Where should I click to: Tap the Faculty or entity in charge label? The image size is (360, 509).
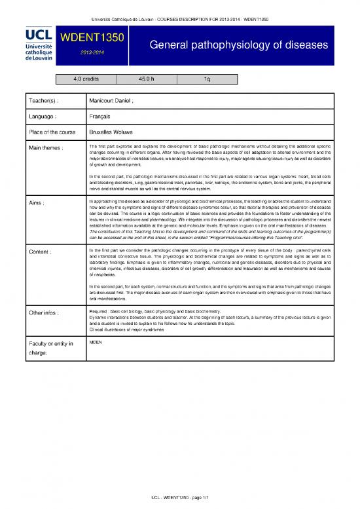(47, 348)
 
